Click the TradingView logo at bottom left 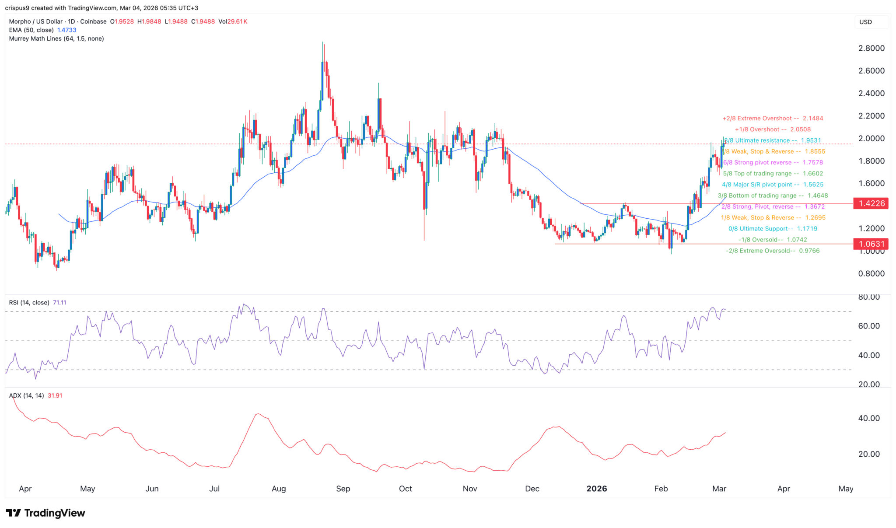pyautogui.click(x=45, y=513)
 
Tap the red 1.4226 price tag pyautogui.click(x=871, y=203)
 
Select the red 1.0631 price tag pyautogui.click(x=871, y=244)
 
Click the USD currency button pyautogui.click(x=865, y=22)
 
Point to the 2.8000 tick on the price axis pyautogui.click(x=871, y=48)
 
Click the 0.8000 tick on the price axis pyautogui.click(x=871, y=274)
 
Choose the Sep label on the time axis pyautogui.click(x=343, y=489)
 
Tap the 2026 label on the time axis pyautogui.click(x=596, y=489)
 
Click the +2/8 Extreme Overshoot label pyautogui.click(x=773, y=119)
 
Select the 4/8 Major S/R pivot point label pyautogui.click(x=773, y=185)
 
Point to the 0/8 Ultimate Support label pyautogui.click(x=773, y=229)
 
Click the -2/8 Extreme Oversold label pyautogui.click(x=773, y=251)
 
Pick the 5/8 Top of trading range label pyautogui.click(x=773, y=174)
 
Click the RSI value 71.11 pyautogui.click(x=59, y=303)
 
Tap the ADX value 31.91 pyautogui.click(x=55, y=395)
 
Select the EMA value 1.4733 pyautogui.click(x=66, y=30)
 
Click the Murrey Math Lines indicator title pyautogui.click(x=56, y=38)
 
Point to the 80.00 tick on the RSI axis pyautogui.click(x=869, y=297)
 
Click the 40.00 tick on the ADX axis pyautogui.click(x=869, y=418)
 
